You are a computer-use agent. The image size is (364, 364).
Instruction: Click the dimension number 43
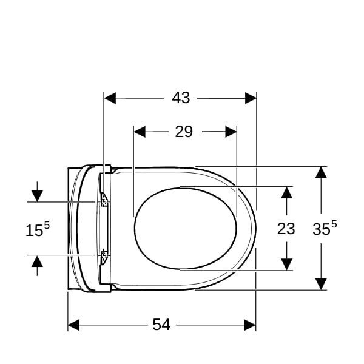(x=181, y=98)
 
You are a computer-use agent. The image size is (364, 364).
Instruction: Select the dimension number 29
(x=184, y=132)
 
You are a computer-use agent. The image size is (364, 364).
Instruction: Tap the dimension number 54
(x=161, y=325)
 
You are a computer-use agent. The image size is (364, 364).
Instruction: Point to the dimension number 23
(x=286, y=229)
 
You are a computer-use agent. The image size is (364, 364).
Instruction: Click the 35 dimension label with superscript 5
(x=325, y=228)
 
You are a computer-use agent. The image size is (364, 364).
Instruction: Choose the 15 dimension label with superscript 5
(x=38, y=229)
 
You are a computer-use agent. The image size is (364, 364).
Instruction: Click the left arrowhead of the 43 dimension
(x=110, y=98)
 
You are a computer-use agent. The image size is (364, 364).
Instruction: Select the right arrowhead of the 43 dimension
(x=251, y=98)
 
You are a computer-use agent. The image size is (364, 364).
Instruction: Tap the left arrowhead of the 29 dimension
(x=140, y=132)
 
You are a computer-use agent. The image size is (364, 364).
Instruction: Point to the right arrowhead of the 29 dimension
(x=231, y=132)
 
